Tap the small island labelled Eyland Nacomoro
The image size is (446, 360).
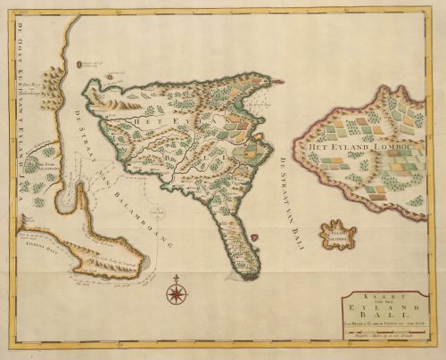click(x=338, y=233)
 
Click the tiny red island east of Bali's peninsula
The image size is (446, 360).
click(x=253, y=237)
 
